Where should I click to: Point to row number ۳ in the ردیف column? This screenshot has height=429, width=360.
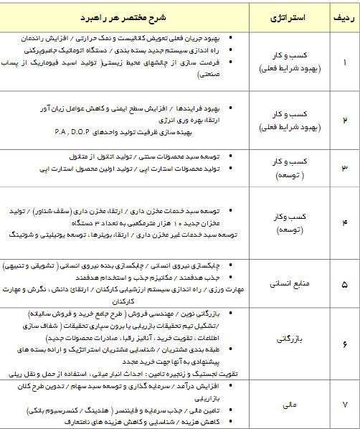[343, 168]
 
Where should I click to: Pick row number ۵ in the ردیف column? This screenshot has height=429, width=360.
[343, 284]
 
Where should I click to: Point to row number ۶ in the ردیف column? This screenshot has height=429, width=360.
[343, 344]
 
